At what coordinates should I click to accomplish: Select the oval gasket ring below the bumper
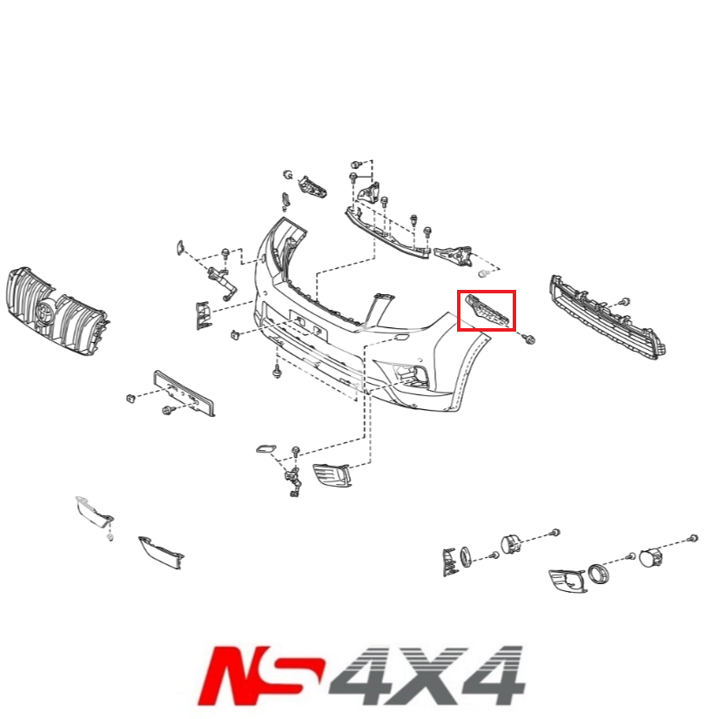click(x=263, y=450)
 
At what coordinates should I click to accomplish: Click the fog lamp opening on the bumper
click(x=408, y=373)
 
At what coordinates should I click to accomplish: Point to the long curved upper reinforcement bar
click(x=387, y=231)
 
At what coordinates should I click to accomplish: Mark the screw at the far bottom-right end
click(x=693, y=536)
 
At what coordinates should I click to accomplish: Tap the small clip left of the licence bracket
click(x=131, y=398)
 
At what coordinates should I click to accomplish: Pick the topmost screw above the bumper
click(x=355, y=164)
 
